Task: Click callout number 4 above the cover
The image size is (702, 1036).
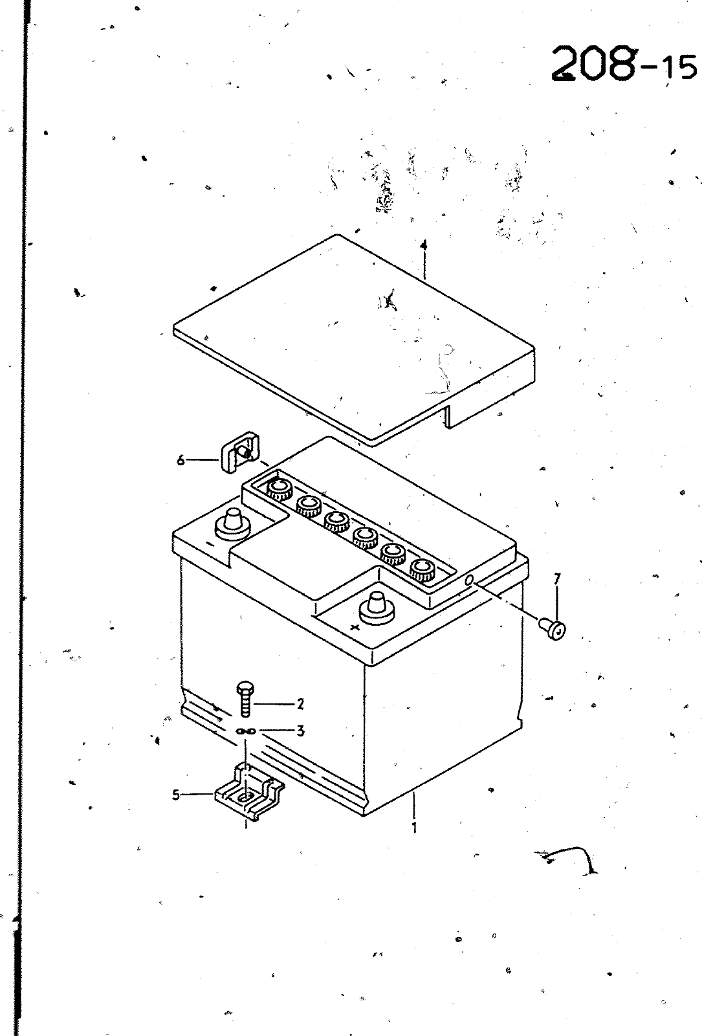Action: pyautogui.click(x=423, y=246)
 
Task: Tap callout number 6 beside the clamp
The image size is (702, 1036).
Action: pyautogui.click(x=181, y=459)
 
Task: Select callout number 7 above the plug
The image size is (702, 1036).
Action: pyautogui.click(x=557, y=579)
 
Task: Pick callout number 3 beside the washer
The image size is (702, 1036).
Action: pyautogui.click(x=300, y=731)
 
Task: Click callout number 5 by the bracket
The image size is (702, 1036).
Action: pyautogui.click(x=176, y=795)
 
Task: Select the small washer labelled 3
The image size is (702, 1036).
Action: pyautogui.click(x=246, y=731)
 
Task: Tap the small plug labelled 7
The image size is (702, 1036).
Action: pyautogui.click(x=553, y=630)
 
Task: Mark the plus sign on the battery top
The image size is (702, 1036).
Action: pyautogui.click(x=355, y=628)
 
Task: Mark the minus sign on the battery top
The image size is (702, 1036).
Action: pyautogui.click(x=210, y=544)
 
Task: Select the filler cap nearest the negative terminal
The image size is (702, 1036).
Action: pyautogui.click(x=280, y=489)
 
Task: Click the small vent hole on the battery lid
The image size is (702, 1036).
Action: pyautogui.click(x=469, y=580)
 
